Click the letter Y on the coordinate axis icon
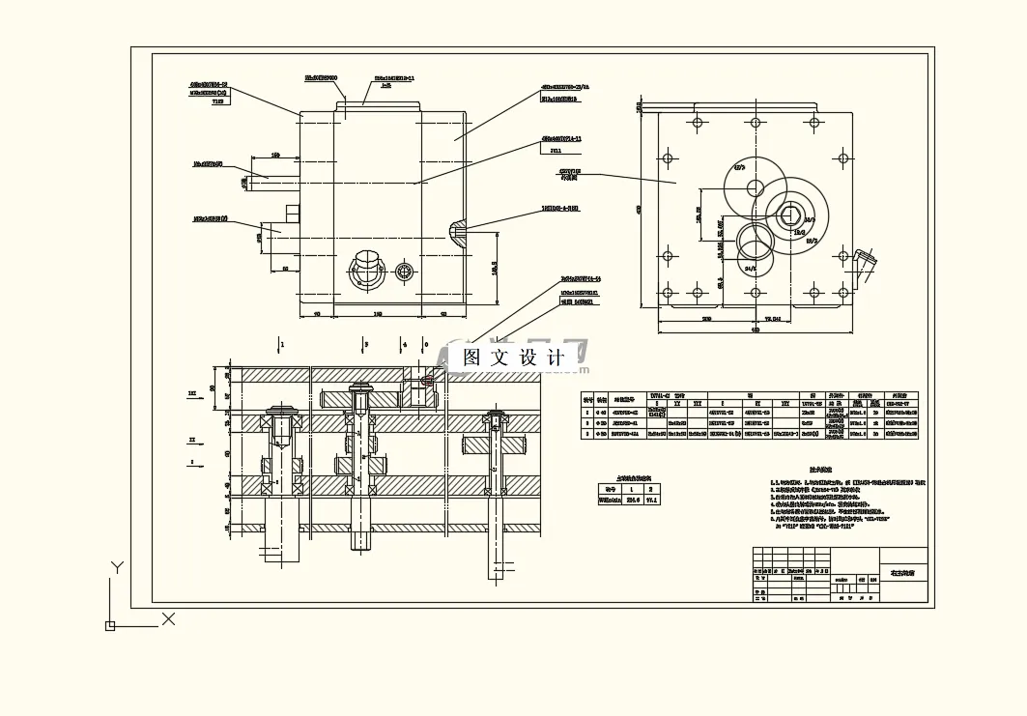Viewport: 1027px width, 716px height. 117,567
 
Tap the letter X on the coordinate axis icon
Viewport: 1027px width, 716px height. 168,618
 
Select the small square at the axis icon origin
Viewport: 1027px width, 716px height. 110,626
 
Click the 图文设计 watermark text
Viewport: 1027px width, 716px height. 515,357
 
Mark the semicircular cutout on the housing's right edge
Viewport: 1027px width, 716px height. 457,229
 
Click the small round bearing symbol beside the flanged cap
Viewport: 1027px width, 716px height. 405,272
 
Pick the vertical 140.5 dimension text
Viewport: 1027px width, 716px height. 493,268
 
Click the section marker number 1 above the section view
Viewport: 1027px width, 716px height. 282,343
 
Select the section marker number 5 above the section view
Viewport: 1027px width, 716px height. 365,343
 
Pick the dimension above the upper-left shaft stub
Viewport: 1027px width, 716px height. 275,155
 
